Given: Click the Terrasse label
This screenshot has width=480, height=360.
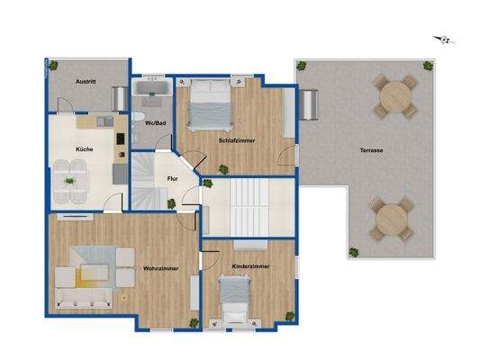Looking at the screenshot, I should (x=372, y=150).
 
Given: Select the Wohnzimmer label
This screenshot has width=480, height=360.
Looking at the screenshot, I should (x=160, y=268).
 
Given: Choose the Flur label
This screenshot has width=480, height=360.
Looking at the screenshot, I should (x=173, y=178).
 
